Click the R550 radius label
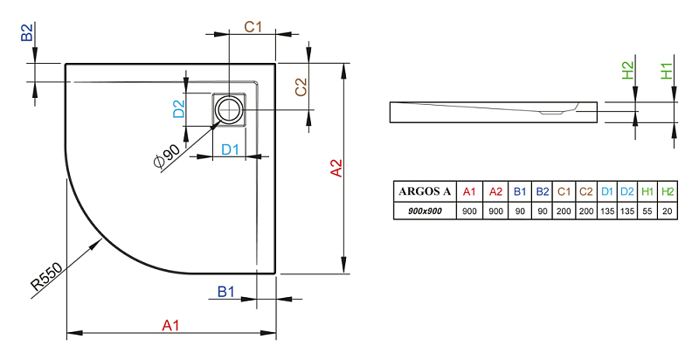click(x=46, y=277)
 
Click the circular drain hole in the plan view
click(x=229, y=109)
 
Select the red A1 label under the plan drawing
click(x=170, y=325)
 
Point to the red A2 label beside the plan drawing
click(x=336, y=169)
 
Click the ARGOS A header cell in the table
click(x=425, y=191)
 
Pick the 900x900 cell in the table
click(x=425, y=211)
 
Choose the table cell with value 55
click(x=647, y=211)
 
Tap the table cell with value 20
click(x=668, y=211)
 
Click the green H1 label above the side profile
click(x=667, y=71)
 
